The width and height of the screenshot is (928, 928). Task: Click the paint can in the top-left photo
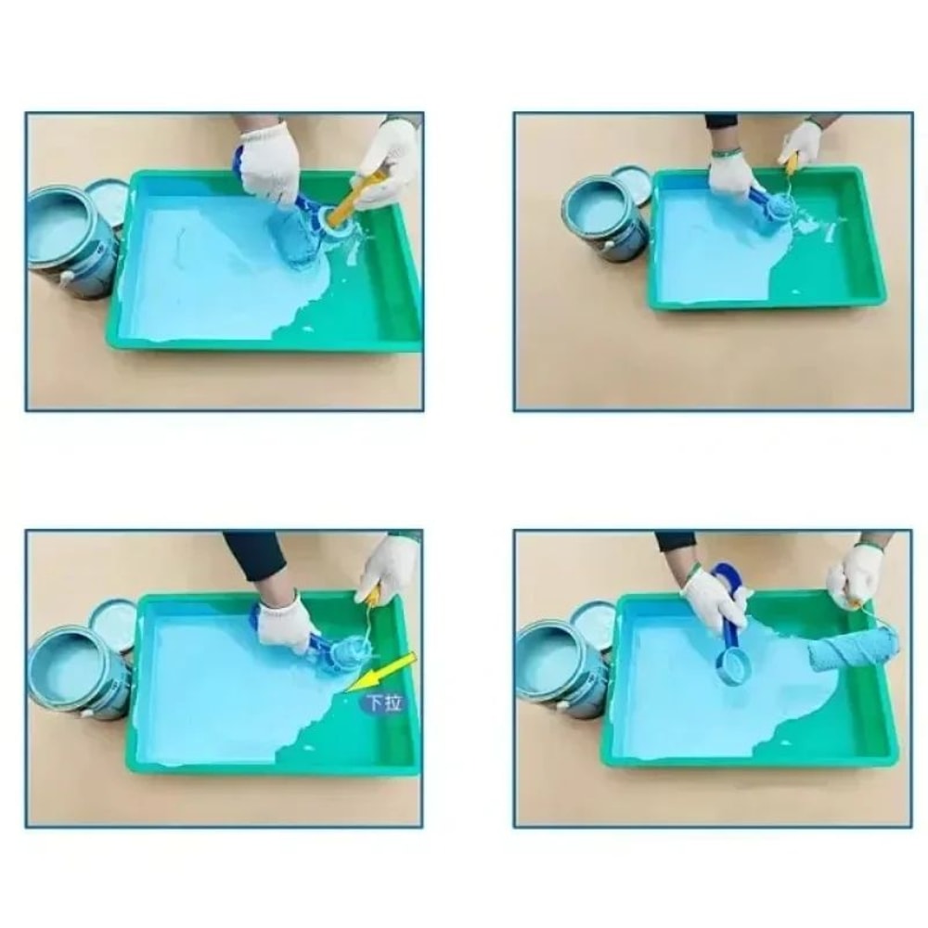pos(71,239)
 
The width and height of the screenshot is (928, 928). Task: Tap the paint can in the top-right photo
pos(603,215)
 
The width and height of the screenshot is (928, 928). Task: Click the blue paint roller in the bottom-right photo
pos(853,648)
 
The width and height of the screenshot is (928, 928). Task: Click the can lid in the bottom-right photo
pos(594,620)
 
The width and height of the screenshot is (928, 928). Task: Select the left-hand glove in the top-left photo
pos(269,162)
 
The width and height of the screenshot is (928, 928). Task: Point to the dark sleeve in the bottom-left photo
pos(255,555)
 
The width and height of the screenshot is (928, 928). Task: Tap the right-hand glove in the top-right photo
pos(801,144)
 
